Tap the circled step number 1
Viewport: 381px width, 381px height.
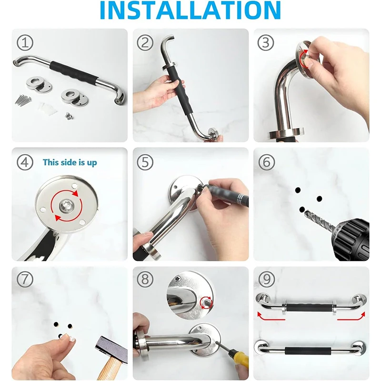[25, 43]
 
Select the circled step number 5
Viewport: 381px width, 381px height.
[145, 162]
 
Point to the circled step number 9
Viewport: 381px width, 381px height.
[267, 279]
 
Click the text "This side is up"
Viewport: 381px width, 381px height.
[70, 162]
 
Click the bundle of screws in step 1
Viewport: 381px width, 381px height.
[23, 100]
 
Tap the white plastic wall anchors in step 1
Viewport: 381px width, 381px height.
[47, 109]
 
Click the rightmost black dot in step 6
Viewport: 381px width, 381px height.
[319, 199]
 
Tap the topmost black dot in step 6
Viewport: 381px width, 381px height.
[298, 190]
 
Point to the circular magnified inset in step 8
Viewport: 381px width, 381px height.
[190, 295]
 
